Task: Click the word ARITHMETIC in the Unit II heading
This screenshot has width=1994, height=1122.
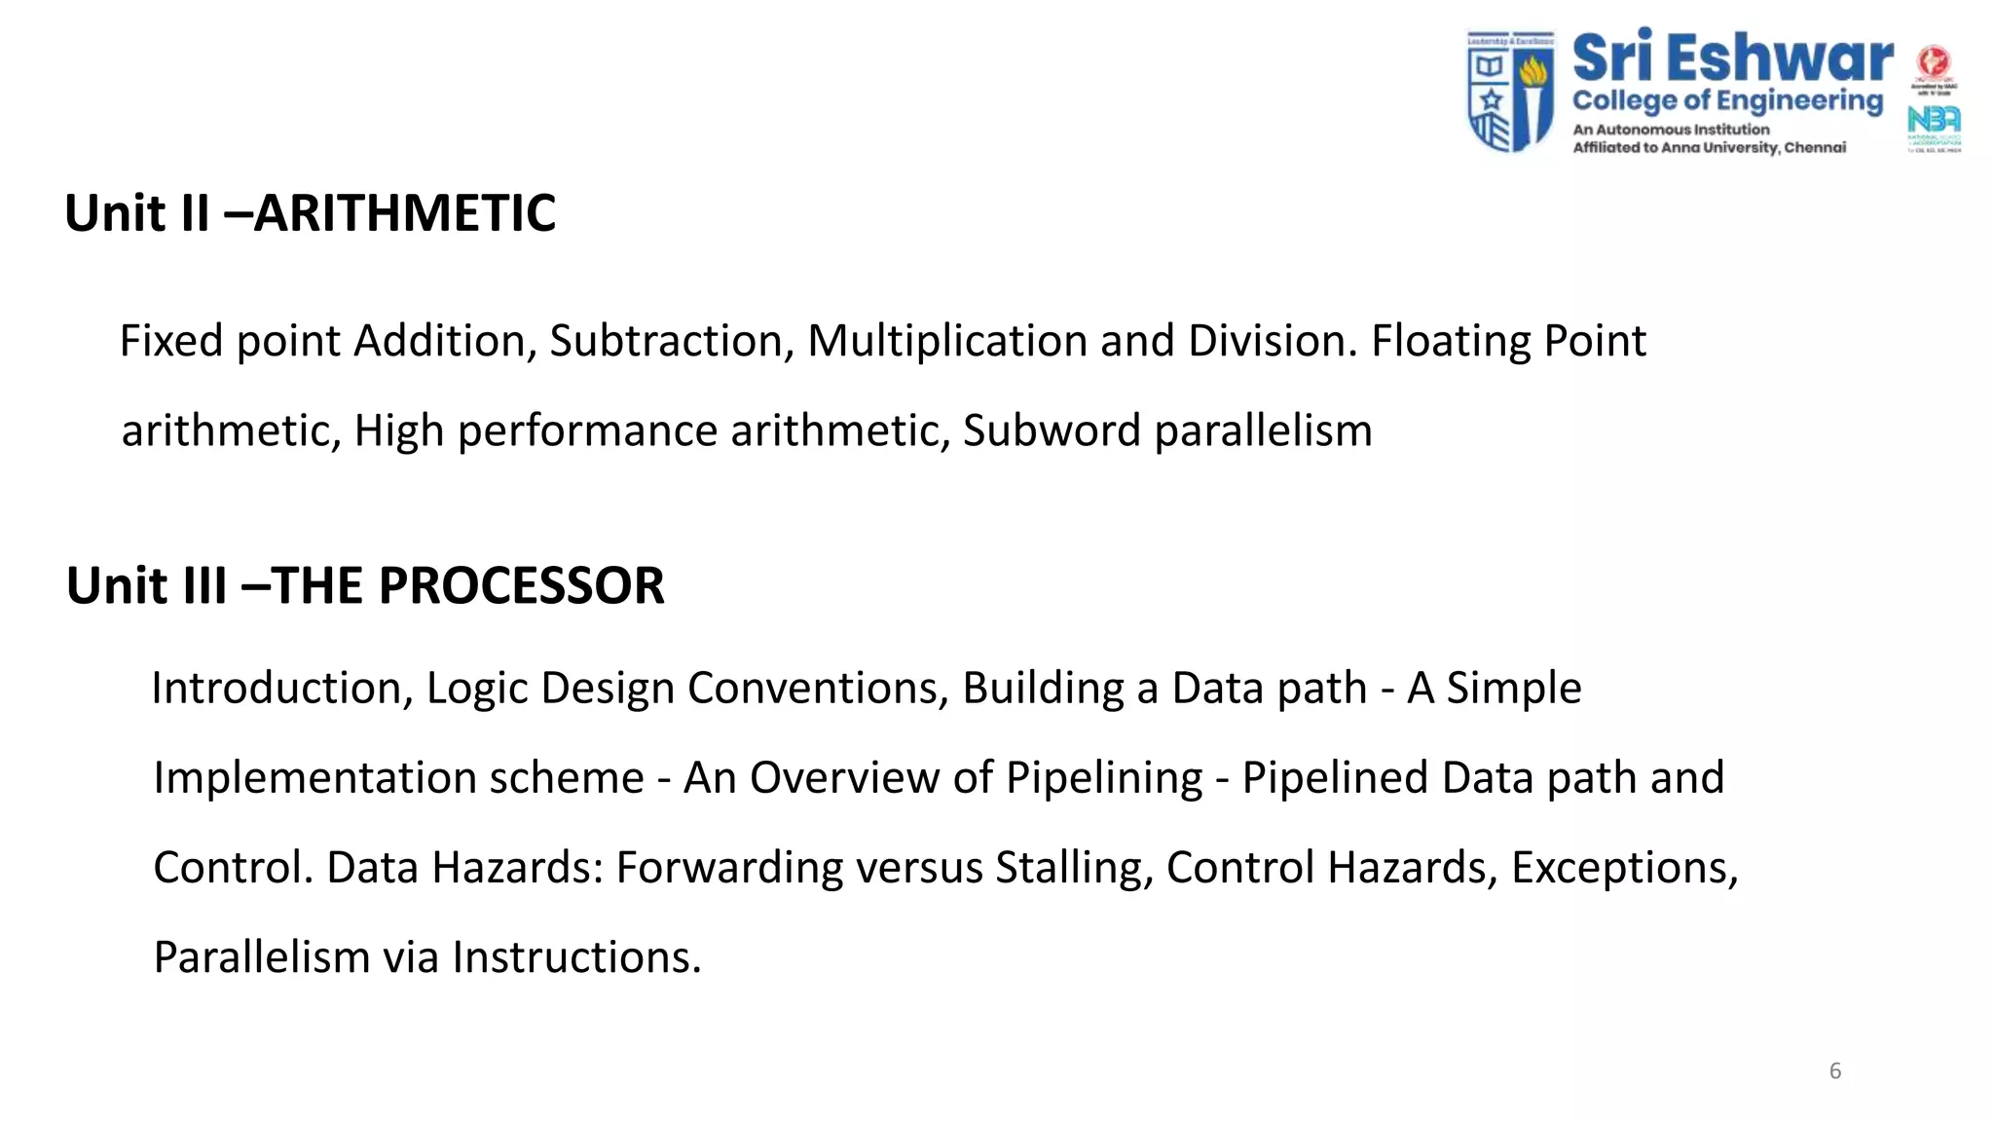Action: [405, 213]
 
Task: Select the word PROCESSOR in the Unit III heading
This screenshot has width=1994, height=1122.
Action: [521, 586]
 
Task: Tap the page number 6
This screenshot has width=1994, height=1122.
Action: [1835, 1071]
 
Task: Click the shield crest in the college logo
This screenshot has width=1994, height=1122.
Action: [1510, 91]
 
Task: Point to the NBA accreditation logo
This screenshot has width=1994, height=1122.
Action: [1934, 121]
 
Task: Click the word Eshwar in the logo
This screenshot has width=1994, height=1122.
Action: [1782, 58]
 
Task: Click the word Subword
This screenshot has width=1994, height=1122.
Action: [1052, 431]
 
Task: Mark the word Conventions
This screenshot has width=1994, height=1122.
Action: [818, 689]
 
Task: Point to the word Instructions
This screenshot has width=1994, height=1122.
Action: [575, 957]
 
